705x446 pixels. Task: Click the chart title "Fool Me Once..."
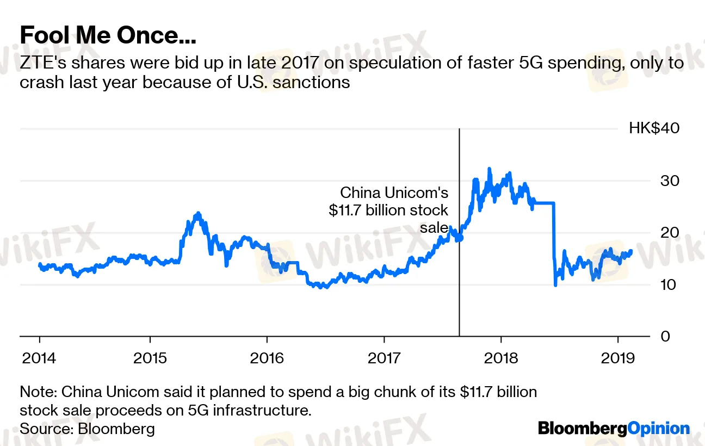[108, 36]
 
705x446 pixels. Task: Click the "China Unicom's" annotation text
[394, 193]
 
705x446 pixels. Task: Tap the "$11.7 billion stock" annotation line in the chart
[388, 210]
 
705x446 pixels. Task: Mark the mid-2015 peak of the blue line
[197, 213]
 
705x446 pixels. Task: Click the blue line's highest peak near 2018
[489, 169]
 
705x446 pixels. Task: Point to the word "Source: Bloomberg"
[87, 429]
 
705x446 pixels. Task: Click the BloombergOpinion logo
[614, 429]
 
